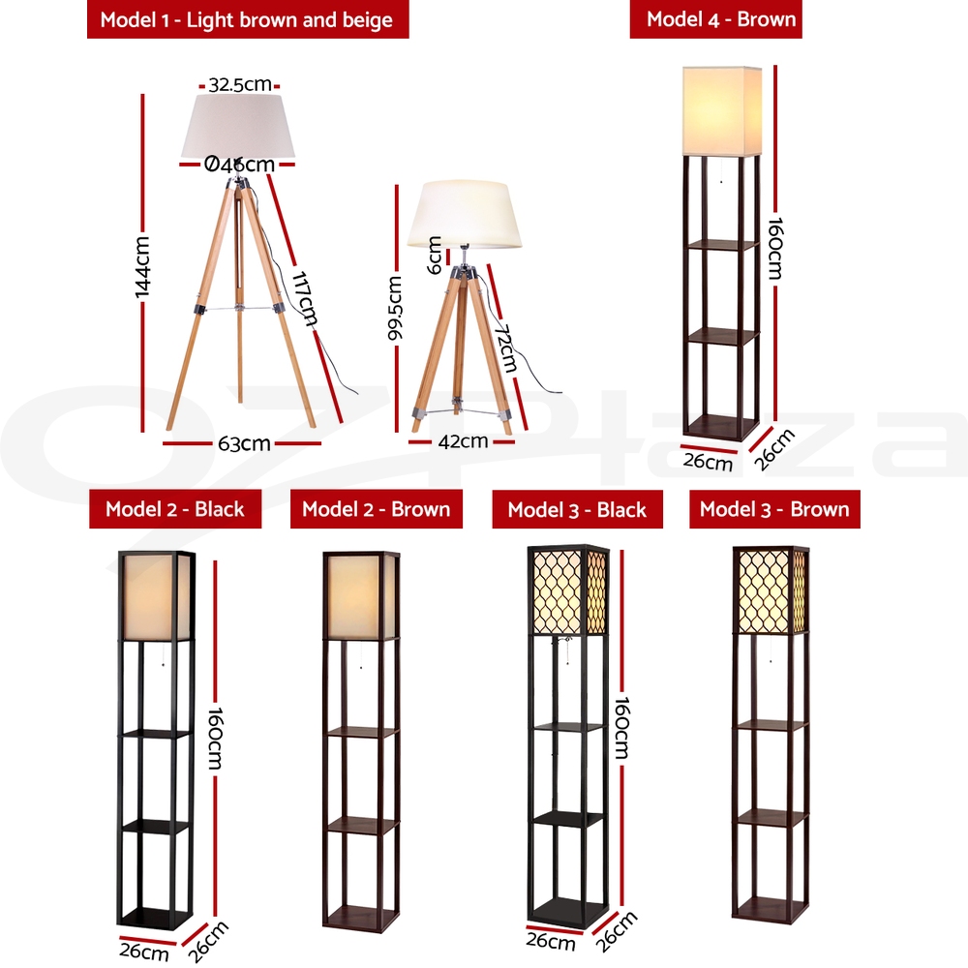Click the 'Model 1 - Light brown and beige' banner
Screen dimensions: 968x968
click(248, 19)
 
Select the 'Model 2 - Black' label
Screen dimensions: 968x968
click(175, 509)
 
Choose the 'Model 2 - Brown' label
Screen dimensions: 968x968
click(376, 509)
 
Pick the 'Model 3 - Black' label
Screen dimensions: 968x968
click(577, 510)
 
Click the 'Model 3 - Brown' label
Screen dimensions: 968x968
click(774, 509)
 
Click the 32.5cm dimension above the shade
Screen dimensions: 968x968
click(240, 84)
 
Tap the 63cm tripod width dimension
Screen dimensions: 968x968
click(244, 444)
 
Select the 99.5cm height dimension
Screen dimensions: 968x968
click(394, 310)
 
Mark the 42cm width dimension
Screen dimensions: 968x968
click(463, 441)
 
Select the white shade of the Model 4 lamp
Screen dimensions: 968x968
click(721, 110)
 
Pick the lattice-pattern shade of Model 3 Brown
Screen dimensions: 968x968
click(771, 590)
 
